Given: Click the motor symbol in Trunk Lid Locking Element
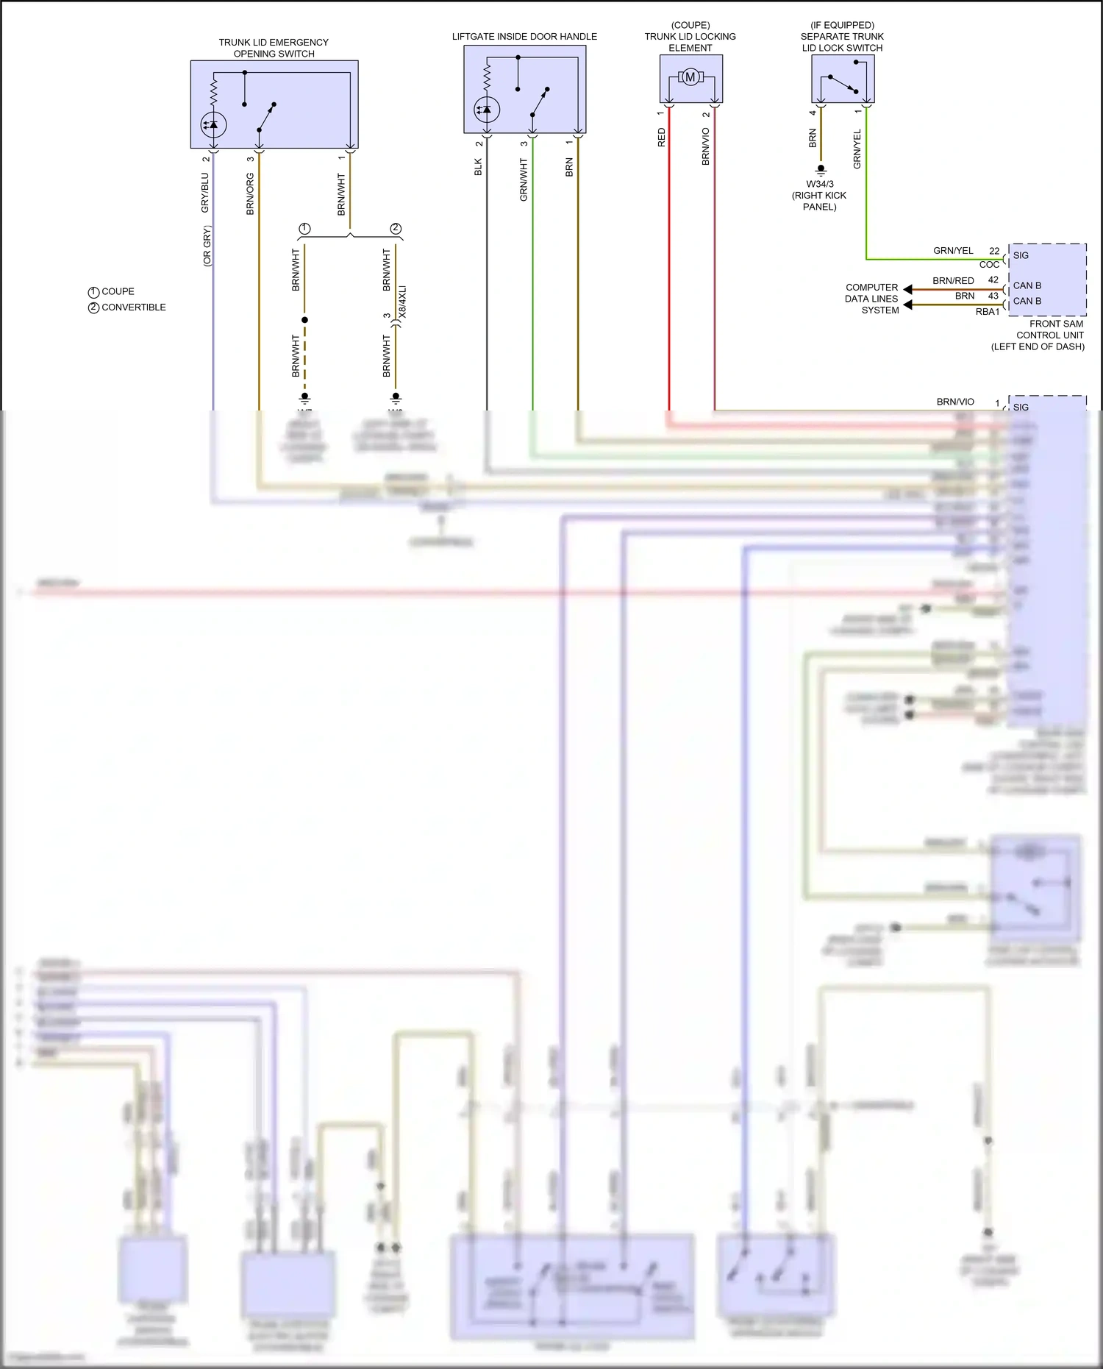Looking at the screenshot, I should pos(690,77).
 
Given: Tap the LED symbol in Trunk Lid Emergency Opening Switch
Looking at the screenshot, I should pos(213,125).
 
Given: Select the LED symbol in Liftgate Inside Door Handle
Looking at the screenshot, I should pos(486,110).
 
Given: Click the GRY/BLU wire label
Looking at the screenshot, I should pos(205,193).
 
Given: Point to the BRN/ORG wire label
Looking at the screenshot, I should pos(250,194).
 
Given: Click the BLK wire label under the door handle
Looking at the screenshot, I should pos(478,167).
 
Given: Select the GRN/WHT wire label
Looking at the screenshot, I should pos(524,179).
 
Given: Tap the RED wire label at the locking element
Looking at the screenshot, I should pos(661,138).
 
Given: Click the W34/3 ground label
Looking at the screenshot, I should pos(820,184).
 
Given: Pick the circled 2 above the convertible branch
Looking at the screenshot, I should pos(396,229).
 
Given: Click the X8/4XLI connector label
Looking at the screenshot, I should pos(401,302).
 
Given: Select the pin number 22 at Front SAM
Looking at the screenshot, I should pos(994,251).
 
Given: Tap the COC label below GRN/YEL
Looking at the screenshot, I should pos(989,265).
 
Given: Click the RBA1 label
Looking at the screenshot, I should pos(988,312).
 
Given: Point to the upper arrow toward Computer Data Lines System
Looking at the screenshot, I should pos(908,290).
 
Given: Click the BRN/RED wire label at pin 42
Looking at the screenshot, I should pos(953,280).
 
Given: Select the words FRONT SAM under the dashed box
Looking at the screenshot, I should pos(1056,324).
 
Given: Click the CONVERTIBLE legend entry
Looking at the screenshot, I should pos(133,307).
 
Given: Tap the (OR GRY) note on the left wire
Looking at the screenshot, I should pos(207,246).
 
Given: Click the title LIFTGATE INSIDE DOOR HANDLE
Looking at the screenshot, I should pos(524,36).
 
